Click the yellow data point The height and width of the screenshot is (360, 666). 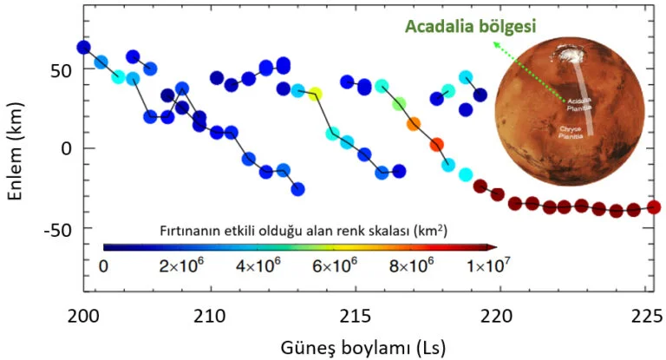tap(315, 94)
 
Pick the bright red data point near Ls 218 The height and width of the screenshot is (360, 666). tap(437, 145)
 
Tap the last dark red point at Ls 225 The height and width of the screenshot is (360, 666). tap(654, 206)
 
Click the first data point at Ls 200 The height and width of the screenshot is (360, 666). tap(83, 47)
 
